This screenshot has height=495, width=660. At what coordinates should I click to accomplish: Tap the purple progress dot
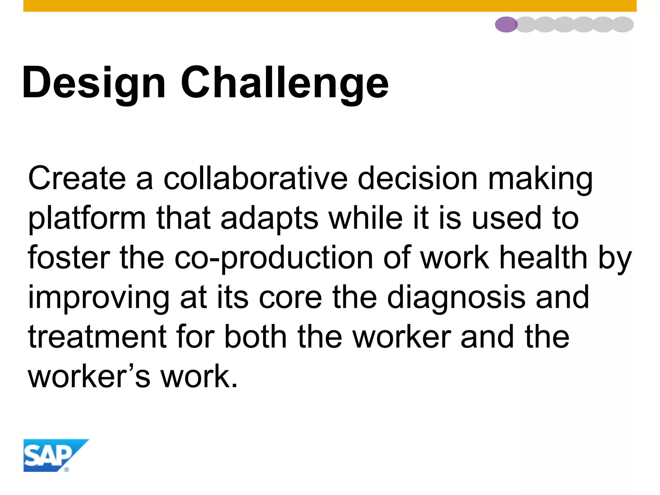point(506,24)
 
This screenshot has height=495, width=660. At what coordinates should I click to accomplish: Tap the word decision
point(418,179)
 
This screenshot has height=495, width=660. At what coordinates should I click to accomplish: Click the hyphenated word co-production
point(274,258)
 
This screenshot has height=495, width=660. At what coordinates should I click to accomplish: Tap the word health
point(543,258)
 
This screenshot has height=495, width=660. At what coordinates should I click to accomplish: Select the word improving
point(99,298)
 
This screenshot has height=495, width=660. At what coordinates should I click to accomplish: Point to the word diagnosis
point(456,298)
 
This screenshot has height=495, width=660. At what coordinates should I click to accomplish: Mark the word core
point(290,298)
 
